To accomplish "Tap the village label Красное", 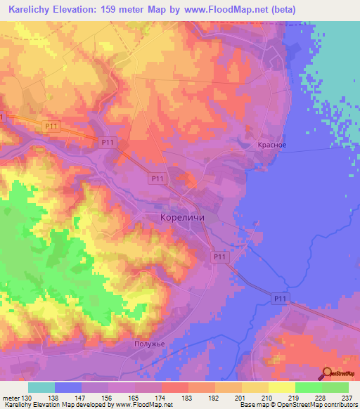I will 271,145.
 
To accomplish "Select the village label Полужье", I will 148,344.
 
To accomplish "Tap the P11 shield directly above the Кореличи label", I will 157,180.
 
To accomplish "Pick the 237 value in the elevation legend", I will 348,398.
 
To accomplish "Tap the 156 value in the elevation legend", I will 108,398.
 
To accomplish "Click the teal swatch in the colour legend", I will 41,387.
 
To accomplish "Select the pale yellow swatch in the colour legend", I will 282,387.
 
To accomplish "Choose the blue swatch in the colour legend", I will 68,387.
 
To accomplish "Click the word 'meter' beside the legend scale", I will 11,398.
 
